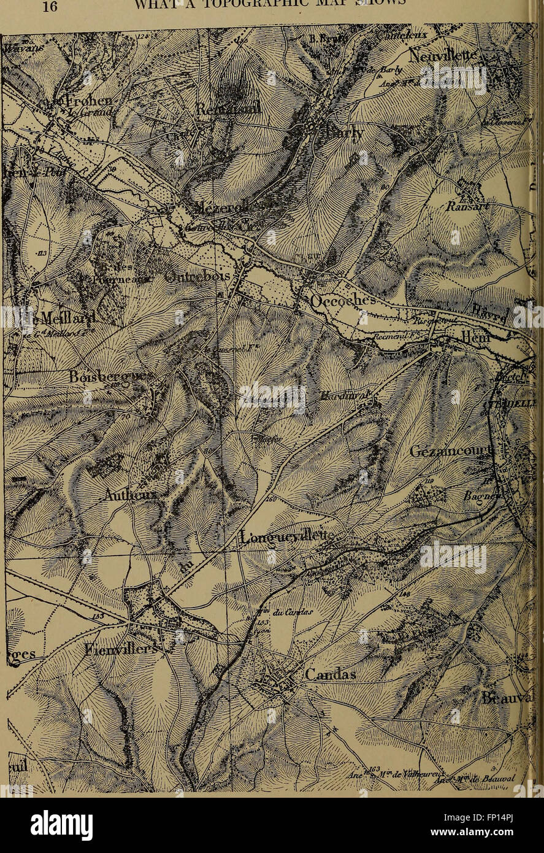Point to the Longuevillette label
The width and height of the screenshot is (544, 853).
286,537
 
